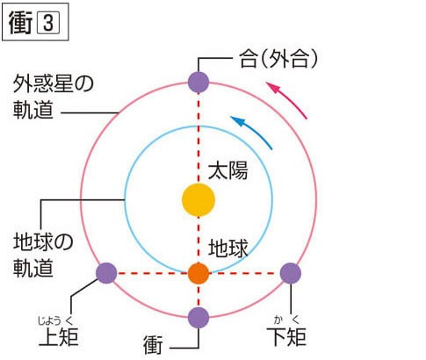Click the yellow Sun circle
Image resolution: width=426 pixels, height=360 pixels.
(199, 200)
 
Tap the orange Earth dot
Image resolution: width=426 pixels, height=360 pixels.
(199, 273)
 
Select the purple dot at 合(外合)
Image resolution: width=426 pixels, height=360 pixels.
(199, 82)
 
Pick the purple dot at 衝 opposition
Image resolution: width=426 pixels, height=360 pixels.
(199, 318)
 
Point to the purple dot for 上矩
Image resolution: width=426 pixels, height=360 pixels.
(106, 273)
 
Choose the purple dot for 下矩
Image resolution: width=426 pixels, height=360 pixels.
(291, 273)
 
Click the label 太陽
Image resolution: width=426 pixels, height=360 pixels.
(228, 170)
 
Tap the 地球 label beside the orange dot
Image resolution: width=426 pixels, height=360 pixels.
(228, 248)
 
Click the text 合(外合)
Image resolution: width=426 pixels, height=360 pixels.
(278, 59)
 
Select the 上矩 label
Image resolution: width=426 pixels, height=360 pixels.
(59, 337)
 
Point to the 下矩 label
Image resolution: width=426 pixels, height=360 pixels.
(286, 337)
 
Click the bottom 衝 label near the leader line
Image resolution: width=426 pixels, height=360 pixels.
(153, 345)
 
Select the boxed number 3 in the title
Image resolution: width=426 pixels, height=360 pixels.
(48, 23)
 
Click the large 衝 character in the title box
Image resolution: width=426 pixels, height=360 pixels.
(20, 23)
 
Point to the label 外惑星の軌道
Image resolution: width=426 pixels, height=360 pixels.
(54, 97)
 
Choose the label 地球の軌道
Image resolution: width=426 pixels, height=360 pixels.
(43, 255)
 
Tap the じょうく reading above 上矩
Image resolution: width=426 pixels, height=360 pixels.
(55, 321)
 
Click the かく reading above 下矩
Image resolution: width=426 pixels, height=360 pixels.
(287, 320)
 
